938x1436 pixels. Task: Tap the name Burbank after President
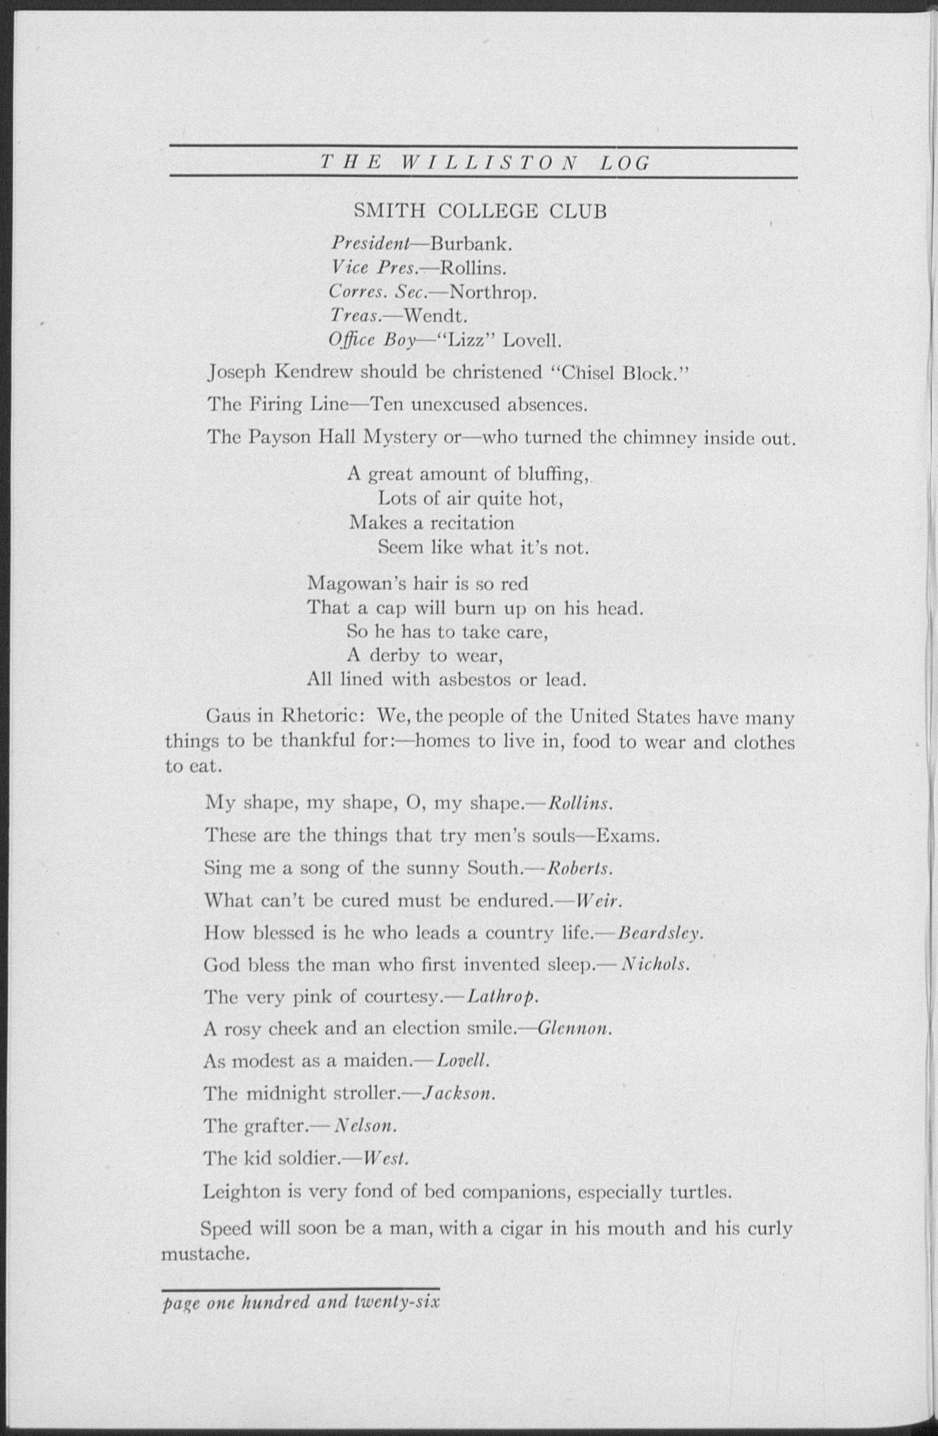pyautogui.click(x=471, y=244)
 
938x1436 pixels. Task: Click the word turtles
pyautogui.click(x=701, y=1192)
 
